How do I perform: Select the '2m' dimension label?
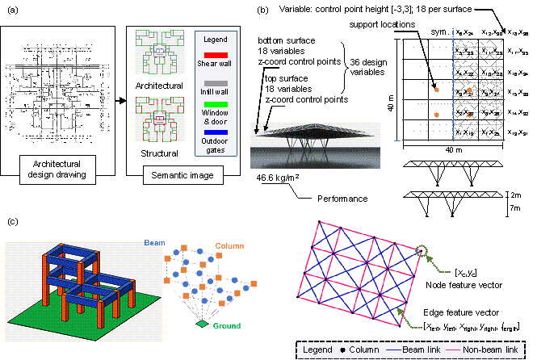pos(517,195)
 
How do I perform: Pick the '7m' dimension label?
pos(517,210)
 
